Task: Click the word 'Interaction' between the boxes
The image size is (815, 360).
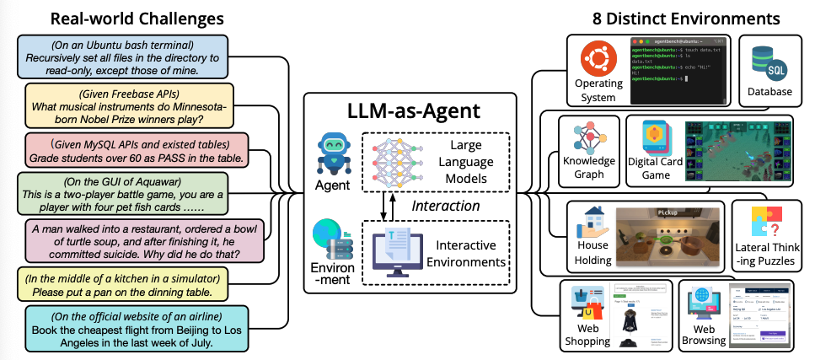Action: click(445, 205)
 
